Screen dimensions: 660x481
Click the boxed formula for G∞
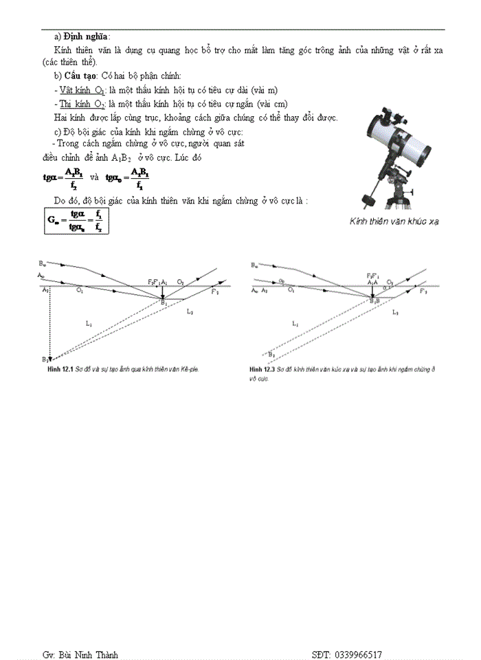[76, 221]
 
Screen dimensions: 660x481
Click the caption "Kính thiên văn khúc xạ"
[394, 221]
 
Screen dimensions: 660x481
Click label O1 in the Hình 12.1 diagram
[80, 291]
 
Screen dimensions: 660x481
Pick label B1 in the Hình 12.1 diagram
[164, 302]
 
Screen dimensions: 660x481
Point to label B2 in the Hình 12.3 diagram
[272, 354]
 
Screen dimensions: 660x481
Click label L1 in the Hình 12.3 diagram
[295, 322]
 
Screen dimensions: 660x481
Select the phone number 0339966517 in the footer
[358, 654]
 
